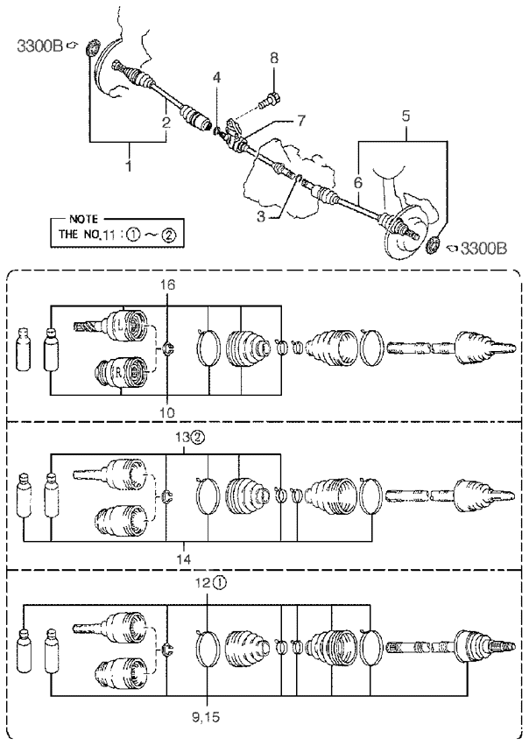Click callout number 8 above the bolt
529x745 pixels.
coord(274,59)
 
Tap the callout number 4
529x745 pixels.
coord(216,77)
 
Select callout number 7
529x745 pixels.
coord(302,121)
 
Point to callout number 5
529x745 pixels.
coord(406,116)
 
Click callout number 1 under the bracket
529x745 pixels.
coord(129,165)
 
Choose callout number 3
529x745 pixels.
coord(261,216)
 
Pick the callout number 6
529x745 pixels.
coord(358,182)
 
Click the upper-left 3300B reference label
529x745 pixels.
coord(40,46)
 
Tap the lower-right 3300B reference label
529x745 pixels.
coord(483,249)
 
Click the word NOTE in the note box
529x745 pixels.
coord(84,220)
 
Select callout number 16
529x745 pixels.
coord(167,285)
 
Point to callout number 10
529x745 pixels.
coord(167,412)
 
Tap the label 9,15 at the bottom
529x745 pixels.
coord(207,717)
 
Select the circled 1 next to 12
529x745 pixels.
coord(219,582)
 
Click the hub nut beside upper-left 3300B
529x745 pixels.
coord(92,48)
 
